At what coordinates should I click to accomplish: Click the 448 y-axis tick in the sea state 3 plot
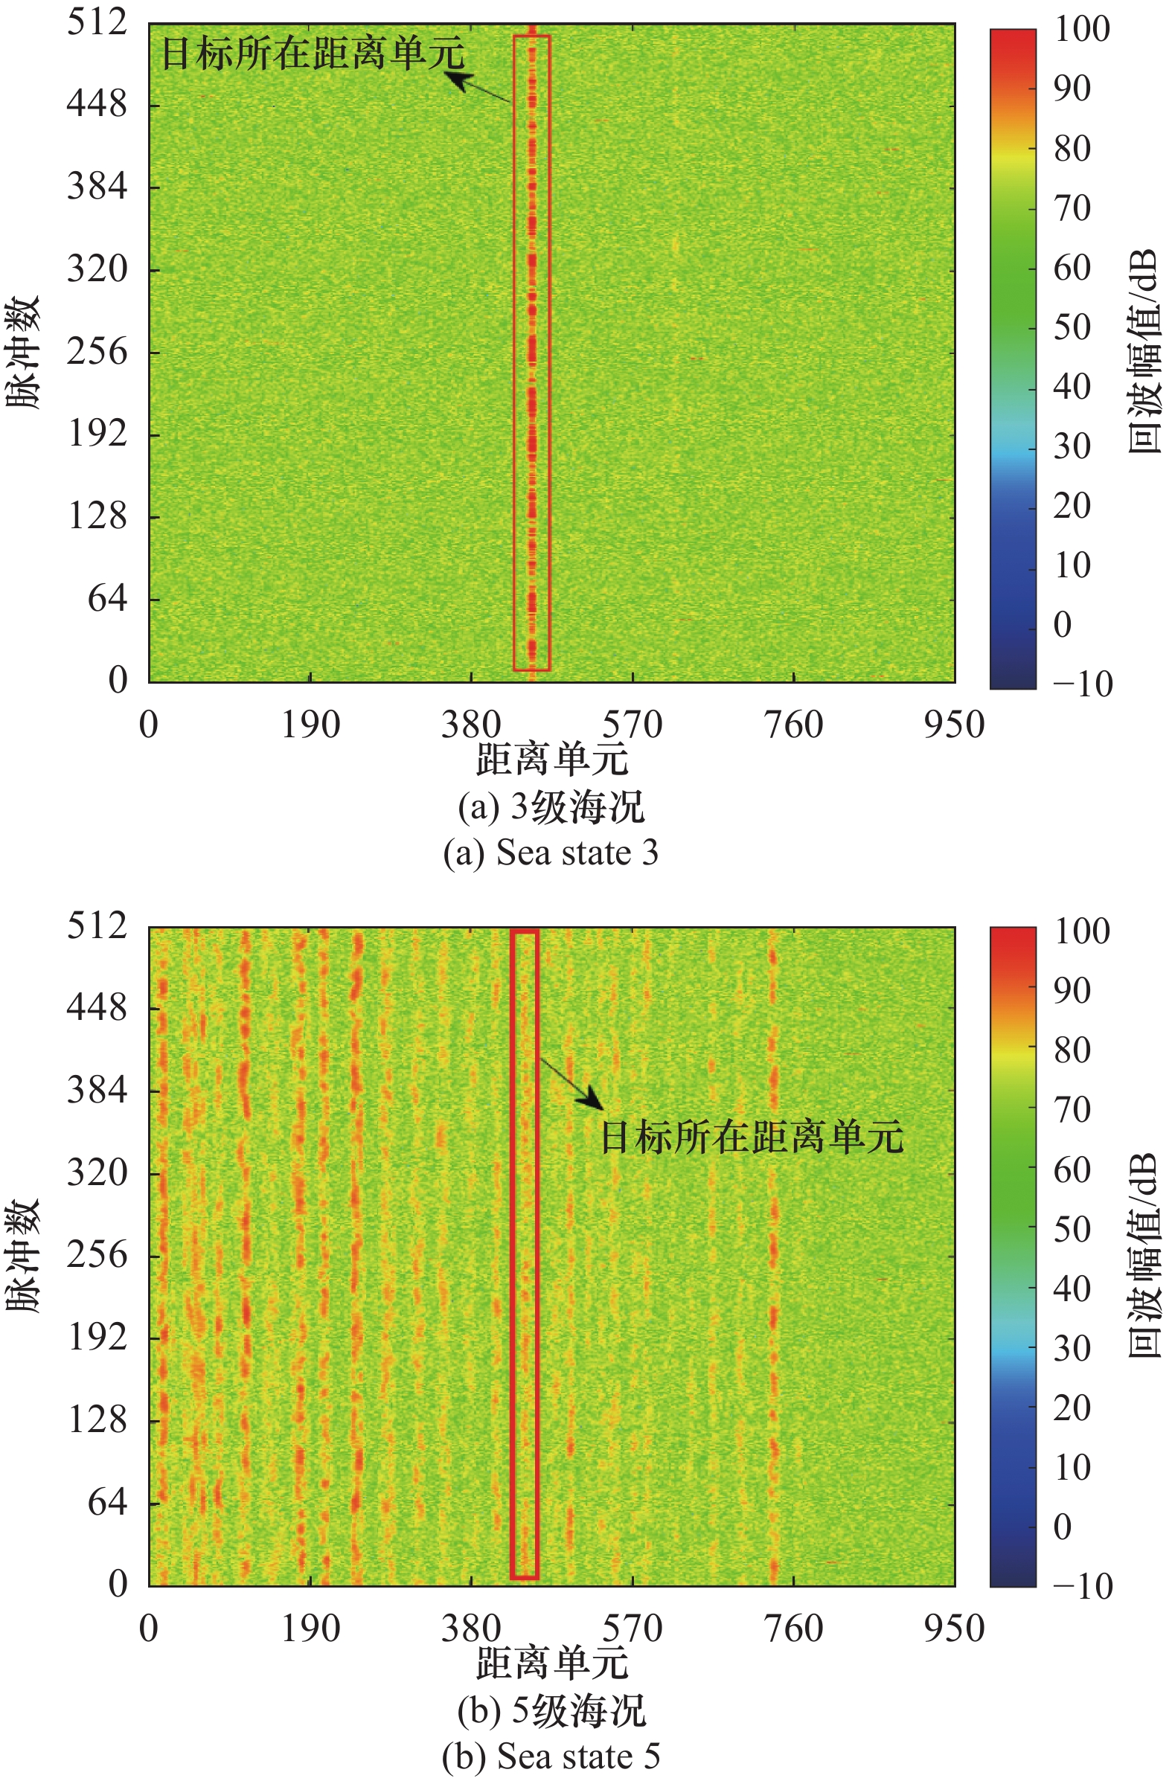click(97, 104)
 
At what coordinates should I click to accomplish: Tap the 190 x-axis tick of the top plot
click(310, 725)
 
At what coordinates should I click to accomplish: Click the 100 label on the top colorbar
click(1081, 29)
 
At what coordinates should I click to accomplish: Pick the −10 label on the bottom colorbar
click(1082, 1585)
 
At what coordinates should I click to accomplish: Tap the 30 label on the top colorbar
click(1072, 447)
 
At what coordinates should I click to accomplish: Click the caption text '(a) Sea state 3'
click(551, 853)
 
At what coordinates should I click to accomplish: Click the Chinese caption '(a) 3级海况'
click(551, 808)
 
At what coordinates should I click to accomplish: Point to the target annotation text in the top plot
click(313, 53)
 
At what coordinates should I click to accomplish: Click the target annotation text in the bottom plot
click(752, 1137)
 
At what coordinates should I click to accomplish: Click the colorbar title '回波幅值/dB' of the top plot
click(1144, 352)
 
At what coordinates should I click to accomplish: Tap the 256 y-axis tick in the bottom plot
click(97, 1255)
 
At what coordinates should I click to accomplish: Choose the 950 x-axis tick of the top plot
click(953, 725)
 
